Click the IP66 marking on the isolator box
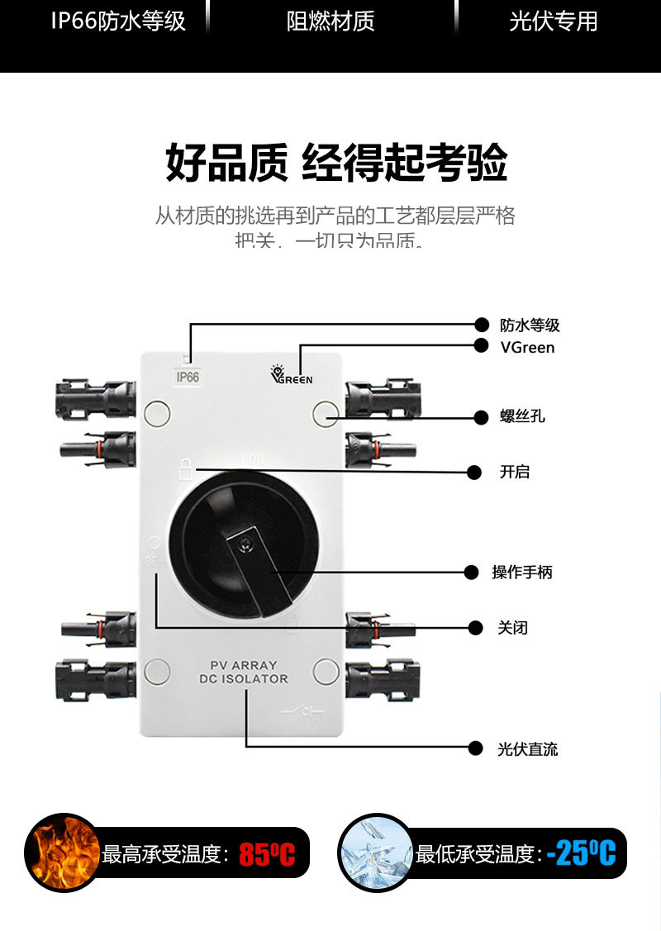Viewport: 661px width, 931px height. [x=188, y=378]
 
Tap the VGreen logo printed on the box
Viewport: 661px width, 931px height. [x=292, y=375]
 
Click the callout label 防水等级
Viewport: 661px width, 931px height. [x=530, y=325]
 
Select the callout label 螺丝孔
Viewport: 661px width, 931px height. [x=522, y=416]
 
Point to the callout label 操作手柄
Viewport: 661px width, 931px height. [x=521, y=572]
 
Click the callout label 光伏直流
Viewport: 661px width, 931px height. [x=528, y=749]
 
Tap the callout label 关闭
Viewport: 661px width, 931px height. [x=513, y=628]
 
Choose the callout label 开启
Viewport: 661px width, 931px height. [x=514, y=473]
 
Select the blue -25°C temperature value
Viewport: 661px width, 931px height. [x=582, y=853]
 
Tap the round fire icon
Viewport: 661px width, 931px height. [x=62, y=853]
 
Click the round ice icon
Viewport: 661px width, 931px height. [x=376, y=853]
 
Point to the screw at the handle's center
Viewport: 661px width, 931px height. [x=245, y=543]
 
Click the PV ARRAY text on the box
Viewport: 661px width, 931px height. [x=244, y=665]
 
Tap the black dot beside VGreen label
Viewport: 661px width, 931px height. [x=481, y=346]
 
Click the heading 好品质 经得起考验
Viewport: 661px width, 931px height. [x=336, y=163]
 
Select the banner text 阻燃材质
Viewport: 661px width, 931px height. [x=330, y=22]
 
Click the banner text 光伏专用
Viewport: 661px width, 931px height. [x=553, y=22]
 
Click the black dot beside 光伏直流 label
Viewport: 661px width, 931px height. [x=475, y=748]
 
